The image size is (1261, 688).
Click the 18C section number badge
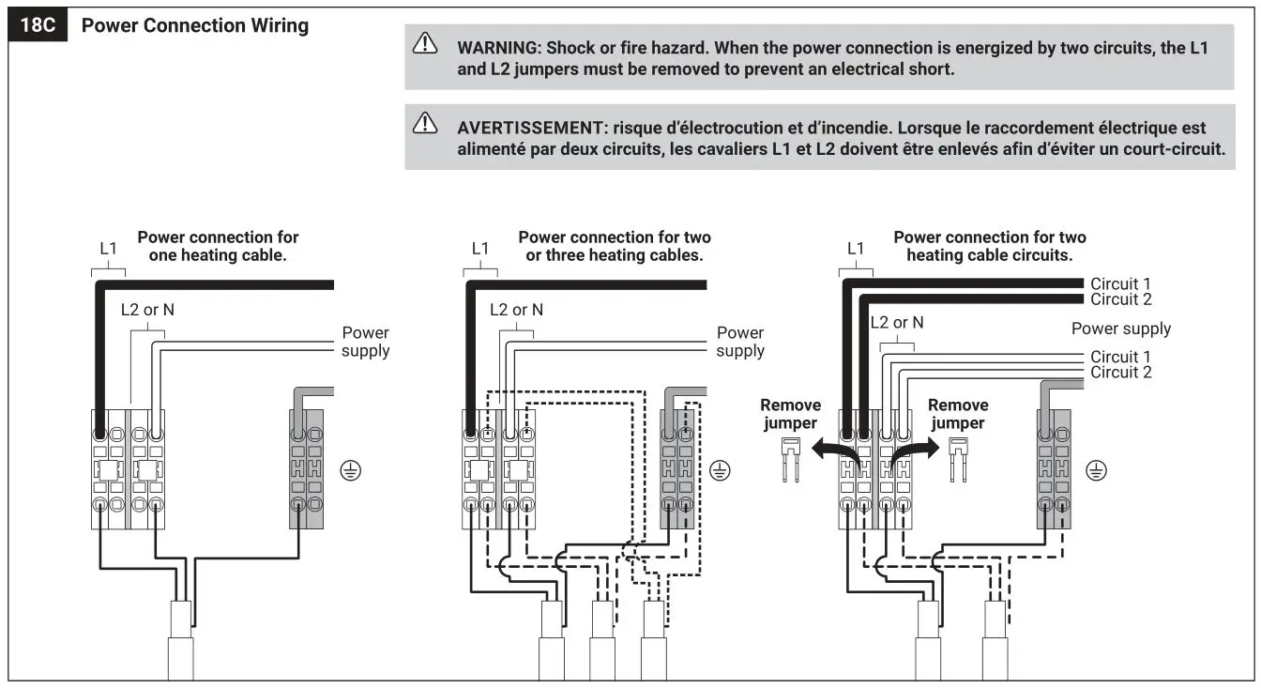coord(38,25)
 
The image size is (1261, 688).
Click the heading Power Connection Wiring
coord(195,25)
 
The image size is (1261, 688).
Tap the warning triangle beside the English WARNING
coord(425,44)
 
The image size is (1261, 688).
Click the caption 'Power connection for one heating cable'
coord(218,246)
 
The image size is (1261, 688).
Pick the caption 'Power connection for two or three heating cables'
coord(615,246)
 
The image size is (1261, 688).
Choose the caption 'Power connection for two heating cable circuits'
coord(990,246)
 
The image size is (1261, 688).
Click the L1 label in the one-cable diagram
coord(109,249)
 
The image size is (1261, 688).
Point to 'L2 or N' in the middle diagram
coord(516,310)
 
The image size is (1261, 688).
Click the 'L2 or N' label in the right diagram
coord(897,322)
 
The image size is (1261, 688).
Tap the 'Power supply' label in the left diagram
coord(365,342)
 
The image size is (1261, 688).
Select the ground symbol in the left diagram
coord(351,471)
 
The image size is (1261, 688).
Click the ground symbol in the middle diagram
coord(720,471)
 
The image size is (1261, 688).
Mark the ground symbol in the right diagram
coord(1095,471)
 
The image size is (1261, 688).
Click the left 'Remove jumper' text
coord(790,414)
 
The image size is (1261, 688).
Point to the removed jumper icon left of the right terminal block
coord(790,459)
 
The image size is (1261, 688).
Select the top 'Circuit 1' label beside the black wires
coord(1120,283)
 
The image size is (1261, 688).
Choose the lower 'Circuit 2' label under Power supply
coord(1120,372)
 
